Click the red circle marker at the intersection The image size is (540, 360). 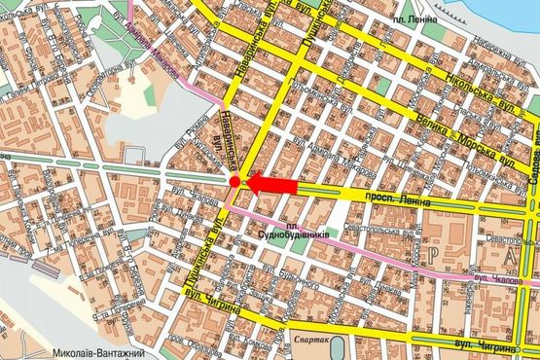coord(234,182)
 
